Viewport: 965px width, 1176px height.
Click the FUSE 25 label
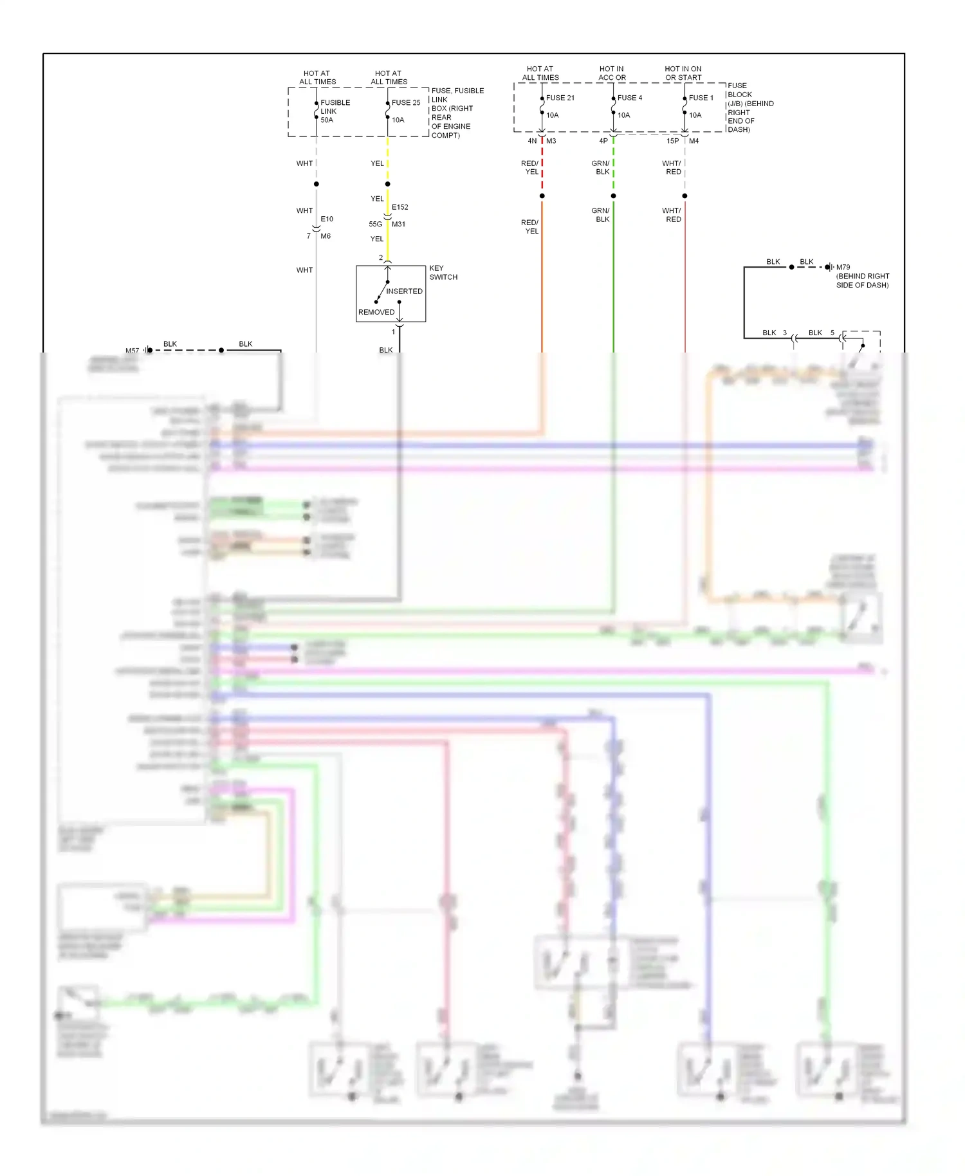coord(406,102)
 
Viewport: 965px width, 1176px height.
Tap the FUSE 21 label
coord(560,98)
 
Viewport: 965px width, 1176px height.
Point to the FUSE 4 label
coord(629,98)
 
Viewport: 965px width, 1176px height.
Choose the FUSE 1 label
coord(701,98)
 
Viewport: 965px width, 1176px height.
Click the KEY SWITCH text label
coord(443,273)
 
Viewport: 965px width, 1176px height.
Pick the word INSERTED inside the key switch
coord(404,291)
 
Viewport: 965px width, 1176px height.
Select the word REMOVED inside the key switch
coord(376,312)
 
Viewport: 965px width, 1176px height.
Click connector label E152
coord(400,207)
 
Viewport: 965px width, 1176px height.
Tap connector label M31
coord(398,224)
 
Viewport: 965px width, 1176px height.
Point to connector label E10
coord(327,219)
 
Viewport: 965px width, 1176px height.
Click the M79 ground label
coord(843,267)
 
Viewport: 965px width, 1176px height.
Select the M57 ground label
coord(132,351)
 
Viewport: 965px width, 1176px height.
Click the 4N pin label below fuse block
coord(532,141)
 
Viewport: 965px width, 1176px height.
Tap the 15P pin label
coord(672,141)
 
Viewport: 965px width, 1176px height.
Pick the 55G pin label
coord(375,224)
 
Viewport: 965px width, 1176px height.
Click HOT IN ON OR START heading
coord(683,73)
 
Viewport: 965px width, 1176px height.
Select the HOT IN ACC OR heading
coord(611,73)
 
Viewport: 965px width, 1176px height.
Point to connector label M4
coord(694,141)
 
